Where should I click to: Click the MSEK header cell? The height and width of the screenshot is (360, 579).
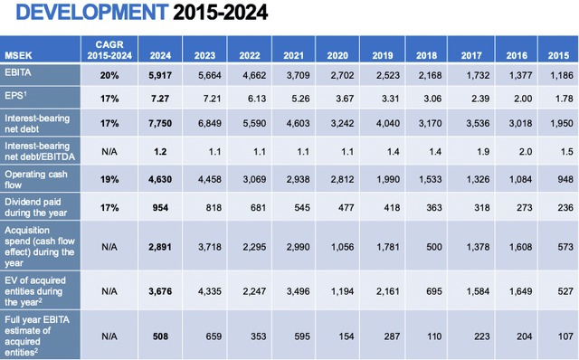tap(18, 53)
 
